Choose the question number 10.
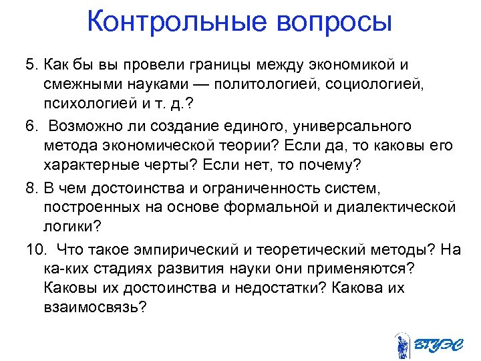click(x=35, y=249)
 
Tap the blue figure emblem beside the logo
click(x=402, y=345)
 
